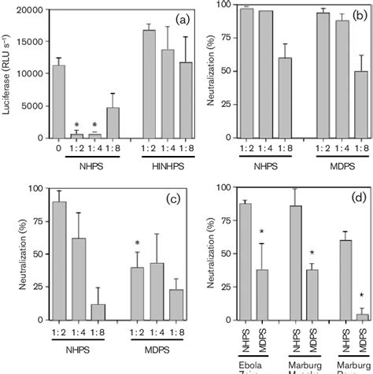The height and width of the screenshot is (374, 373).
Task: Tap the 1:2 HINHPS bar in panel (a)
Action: tap(148, 86)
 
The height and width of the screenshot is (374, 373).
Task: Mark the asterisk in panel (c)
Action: tap(137, 243)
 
